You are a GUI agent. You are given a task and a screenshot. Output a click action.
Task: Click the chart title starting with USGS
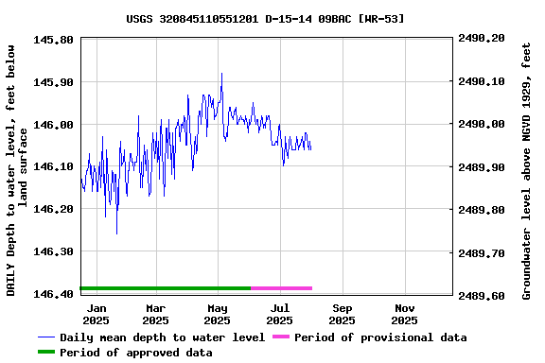point(272,18)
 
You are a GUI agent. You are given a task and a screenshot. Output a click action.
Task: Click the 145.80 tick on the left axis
point(54,40)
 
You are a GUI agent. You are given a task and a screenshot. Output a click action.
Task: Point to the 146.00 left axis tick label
point(54,125)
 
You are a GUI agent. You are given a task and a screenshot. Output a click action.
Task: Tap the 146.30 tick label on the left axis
point(54,251)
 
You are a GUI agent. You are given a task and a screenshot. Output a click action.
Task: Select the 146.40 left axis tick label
point(54,294)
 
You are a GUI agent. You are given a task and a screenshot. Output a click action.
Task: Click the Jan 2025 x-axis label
point(97,314)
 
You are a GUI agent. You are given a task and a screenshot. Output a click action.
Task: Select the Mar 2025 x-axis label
point(156,314)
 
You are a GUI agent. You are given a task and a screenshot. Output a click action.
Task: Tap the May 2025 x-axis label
point(218,314)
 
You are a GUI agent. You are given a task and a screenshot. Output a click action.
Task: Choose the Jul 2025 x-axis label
point(280,314)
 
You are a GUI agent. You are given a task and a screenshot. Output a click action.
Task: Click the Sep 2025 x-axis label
point(343,314)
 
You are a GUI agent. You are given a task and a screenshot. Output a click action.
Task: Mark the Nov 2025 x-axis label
point(404,314)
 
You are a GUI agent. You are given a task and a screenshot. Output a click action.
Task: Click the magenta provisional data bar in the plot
point(281,288)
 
